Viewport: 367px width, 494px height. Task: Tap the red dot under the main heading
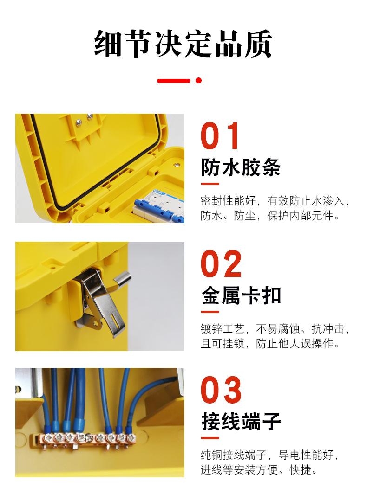198,80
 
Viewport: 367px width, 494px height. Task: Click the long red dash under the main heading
174,80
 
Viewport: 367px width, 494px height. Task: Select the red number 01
221,137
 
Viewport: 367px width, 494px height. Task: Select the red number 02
222,264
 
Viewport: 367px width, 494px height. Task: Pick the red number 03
222,391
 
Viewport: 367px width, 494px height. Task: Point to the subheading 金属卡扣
241,295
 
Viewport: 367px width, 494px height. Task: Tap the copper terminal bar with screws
84,438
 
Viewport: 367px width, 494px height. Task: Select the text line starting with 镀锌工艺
274,329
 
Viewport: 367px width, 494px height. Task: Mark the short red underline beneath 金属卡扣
210,312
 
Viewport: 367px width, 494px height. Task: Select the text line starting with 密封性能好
274,201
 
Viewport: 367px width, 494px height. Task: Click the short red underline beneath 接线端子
210,438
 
